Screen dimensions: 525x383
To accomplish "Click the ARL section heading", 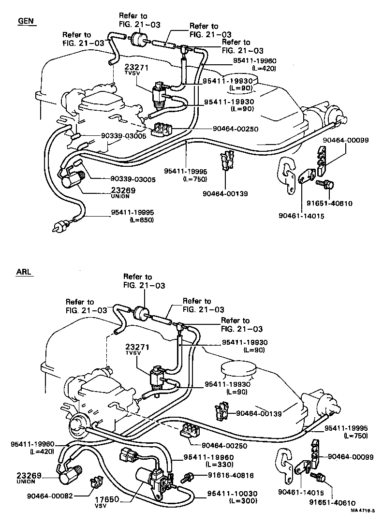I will pos(24,272).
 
